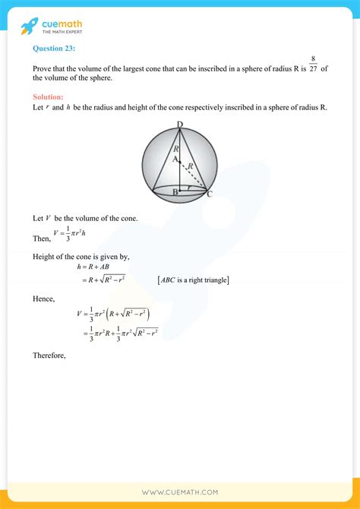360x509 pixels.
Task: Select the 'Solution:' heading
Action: coord(48,96)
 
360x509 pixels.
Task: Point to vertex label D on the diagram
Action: coord(179,125)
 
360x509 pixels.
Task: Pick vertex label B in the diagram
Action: coord(175,193)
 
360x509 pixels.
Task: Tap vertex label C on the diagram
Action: coord(209,194)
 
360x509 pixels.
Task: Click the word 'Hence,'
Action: coord(44,299)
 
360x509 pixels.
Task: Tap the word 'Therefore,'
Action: coord(49,355)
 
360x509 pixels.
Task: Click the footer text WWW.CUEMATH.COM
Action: coord(179,492)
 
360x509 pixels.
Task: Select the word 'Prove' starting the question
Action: coord(43,68)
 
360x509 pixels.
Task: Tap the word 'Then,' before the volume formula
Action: coord(42,238)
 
